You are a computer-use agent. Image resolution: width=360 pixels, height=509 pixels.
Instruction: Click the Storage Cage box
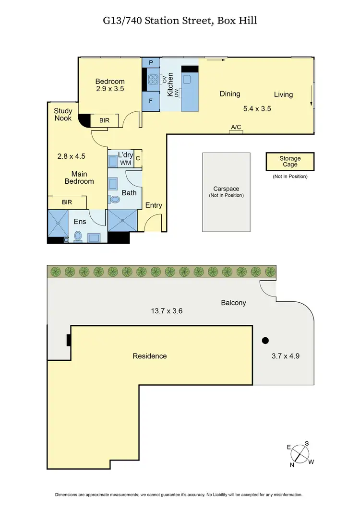click(290, 162)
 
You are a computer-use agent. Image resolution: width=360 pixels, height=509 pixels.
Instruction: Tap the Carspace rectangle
click(226, 191)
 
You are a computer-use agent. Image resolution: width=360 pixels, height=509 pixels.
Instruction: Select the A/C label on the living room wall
click(236, 127)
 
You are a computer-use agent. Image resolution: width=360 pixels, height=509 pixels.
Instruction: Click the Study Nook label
click(63, 114)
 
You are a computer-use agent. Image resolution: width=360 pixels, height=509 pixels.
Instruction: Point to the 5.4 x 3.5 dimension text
click(257, 109)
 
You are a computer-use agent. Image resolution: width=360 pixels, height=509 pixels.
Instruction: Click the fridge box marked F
click(151, 101)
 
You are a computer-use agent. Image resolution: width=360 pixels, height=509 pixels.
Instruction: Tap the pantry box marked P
click(151, 63)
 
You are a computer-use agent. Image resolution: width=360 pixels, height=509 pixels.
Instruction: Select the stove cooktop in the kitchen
click(153, 80)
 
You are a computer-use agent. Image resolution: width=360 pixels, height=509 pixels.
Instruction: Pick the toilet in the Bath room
click(115, 199)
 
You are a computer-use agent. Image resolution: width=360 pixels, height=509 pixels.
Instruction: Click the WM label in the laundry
click(125, 163)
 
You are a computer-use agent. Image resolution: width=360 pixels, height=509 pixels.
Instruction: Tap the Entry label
click(154, 205)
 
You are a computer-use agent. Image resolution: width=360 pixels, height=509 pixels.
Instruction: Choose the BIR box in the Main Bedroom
click(67, 203)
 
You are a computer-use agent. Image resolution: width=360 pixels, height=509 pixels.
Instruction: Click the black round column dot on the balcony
click(264, 341)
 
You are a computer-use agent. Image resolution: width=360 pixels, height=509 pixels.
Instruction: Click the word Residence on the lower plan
click(150, 356)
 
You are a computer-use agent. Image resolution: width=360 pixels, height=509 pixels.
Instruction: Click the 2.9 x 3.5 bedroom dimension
click(110, 89)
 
